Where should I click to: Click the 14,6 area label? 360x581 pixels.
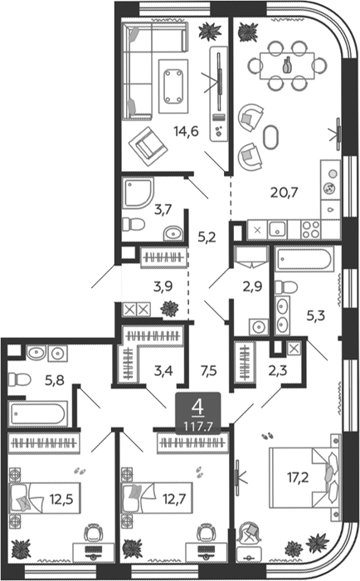[187, 131]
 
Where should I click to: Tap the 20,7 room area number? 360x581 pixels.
[284, 193]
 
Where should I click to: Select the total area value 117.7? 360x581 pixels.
[198, 427]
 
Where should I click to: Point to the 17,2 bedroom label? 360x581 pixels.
[298, 477]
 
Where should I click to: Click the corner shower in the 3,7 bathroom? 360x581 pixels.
[138, 193]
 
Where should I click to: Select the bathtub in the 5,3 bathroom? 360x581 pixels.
[304, 259]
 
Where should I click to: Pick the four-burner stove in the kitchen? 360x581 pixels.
[311, 230]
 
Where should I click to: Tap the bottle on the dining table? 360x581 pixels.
[287, 66]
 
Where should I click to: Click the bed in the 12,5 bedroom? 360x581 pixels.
[45, 498]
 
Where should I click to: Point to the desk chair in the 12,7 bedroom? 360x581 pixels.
[206, 533]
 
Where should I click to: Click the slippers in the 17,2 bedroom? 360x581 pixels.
[266, 436]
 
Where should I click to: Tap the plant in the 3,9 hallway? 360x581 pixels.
[169, 308]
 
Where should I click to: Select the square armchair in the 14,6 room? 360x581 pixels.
[148, 146]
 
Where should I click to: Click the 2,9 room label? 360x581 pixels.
[253, 286]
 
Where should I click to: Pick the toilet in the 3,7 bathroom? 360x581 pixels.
[134, 223]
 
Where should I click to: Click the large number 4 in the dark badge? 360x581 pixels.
[198, 408]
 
